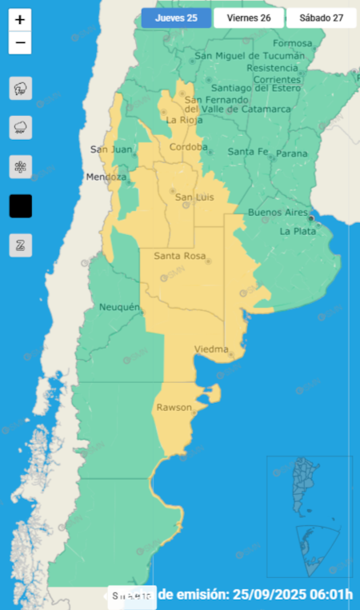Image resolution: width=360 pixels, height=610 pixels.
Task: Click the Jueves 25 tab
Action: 176,18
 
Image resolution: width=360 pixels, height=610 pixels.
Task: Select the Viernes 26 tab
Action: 249,18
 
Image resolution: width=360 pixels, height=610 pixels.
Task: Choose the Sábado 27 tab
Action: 321,18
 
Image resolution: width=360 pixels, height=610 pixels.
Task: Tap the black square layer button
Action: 21,206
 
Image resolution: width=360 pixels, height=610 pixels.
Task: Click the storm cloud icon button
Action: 21,88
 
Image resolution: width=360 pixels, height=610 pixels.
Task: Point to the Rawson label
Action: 174,408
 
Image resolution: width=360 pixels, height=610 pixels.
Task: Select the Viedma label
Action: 211,349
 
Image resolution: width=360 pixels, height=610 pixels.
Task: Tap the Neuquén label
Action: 120,307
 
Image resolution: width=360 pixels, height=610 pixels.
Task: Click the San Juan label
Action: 108,149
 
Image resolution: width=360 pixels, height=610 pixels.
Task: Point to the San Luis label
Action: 194,197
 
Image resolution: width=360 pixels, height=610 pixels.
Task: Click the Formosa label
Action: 292,43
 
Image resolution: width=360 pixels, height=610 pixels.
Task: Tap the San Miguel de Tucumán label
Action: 250,56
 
